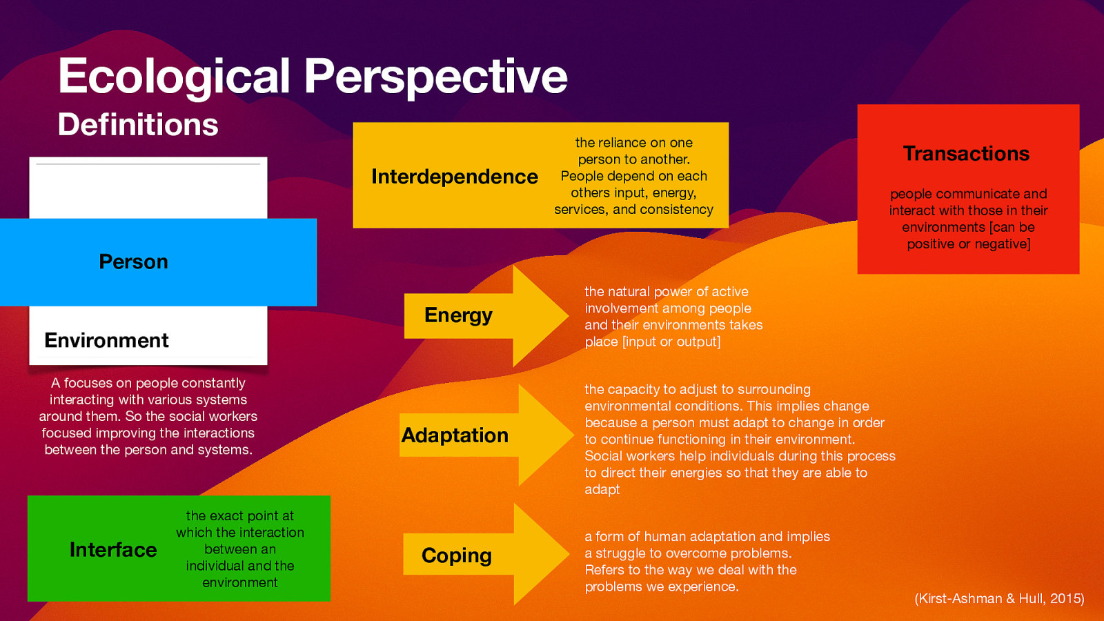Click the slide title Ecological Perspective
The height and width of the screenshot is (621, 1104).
point(312,76)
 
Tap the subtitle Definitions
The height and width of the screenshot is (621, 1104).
point(138,125)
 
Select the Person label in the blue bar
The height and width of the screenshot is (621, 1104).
point(134,262)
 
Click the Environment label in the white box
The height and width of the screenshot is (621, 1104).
point(106,340)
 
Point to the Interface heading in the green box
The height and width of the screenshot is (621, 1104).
point(113,549)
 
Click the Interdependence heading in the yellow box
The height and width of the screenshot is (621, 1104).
point(454,177)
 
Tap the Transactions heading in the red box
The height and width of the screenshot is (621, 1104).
point(966,153)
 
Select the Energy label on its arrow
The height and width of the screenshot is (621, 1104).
point(458,315)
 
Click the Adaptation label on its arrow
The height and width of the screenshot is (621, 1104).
point(455,435)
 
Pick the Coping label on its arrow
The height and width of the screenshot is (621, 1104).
point(456,555)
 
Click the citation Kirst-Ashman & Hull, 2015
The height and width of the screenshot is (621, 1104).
point(999,598)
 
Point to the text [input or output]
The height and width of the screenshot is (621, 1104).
point(671,342)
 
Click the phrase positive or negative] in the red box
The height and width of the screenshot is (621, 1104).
point(968,244)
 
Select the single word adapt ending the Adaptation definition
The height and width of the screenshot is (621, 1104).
point(602,489)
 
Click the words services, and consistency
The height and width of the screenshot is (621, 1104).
point(633,209)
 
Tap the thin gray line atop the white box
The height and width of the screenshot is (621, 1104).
point(148,164)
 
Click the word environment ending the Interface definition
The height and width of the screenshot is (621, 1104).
point(239,582)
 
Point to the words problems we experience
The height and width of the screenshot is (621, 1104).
point(661,586)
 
